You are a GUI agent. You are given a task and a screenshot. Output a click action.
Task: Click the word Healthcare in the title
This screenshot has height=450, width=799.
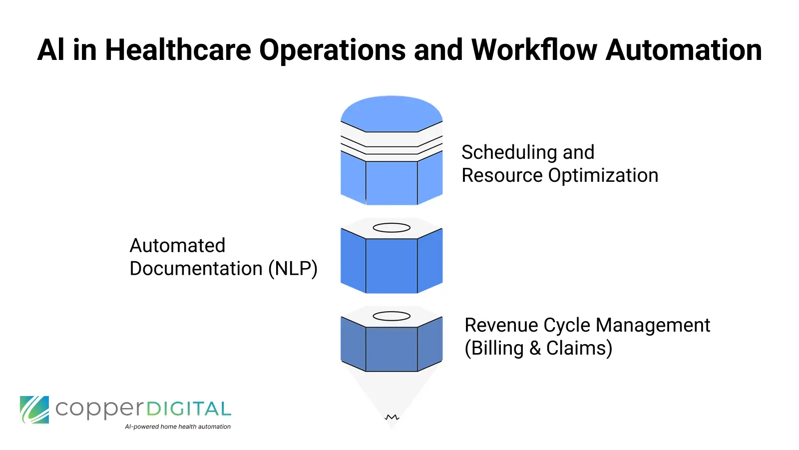[177, 50]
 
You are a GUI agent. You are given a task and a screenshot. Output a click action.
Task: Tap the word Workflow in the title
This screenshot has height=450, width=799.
[534, 50]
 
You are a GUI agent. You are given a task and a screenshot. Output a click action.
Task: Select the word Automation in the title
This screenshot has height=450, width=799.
[684, 50]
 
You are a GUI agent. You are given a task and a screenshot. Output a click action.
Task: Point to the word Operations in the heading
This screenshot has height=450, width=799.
[332, 50]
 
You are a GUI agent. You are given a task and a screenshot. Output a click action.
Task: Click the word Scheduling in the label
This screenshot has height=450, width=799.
[509, 152]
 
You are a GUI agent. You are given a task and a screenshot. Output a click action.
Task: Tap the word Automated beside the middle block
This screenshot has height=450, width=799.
[177, 245]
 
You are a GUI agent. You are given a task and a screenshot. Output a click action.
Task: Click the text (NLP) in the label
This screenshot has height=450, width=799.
[293, 269]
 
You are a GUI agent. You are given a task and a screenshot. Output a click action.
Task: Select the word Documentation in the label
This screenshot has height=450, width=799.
[196, 269]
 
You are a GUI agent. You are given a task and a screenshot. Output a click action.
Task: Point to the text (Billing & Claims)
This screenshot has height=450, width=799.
[538, 348]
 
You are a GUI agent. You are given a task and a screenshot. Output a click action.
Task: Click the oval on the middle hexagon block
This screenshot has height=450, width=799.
[392, 228]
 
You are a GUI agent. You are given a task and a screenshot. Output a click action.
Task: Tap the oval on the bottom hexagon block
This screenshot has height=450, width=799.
[392, 316]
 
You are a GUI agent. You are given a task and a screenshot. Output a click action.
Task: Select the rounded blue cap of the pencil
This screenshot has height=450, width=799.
[392, 113]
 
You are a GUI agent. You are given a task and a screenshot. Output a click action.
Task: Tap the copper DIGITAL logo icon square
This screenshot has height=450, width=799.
[34, 410]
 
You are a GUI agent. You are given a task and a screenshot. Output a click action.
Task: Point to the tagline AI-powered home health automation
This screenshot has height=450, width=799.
[178, 427]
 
